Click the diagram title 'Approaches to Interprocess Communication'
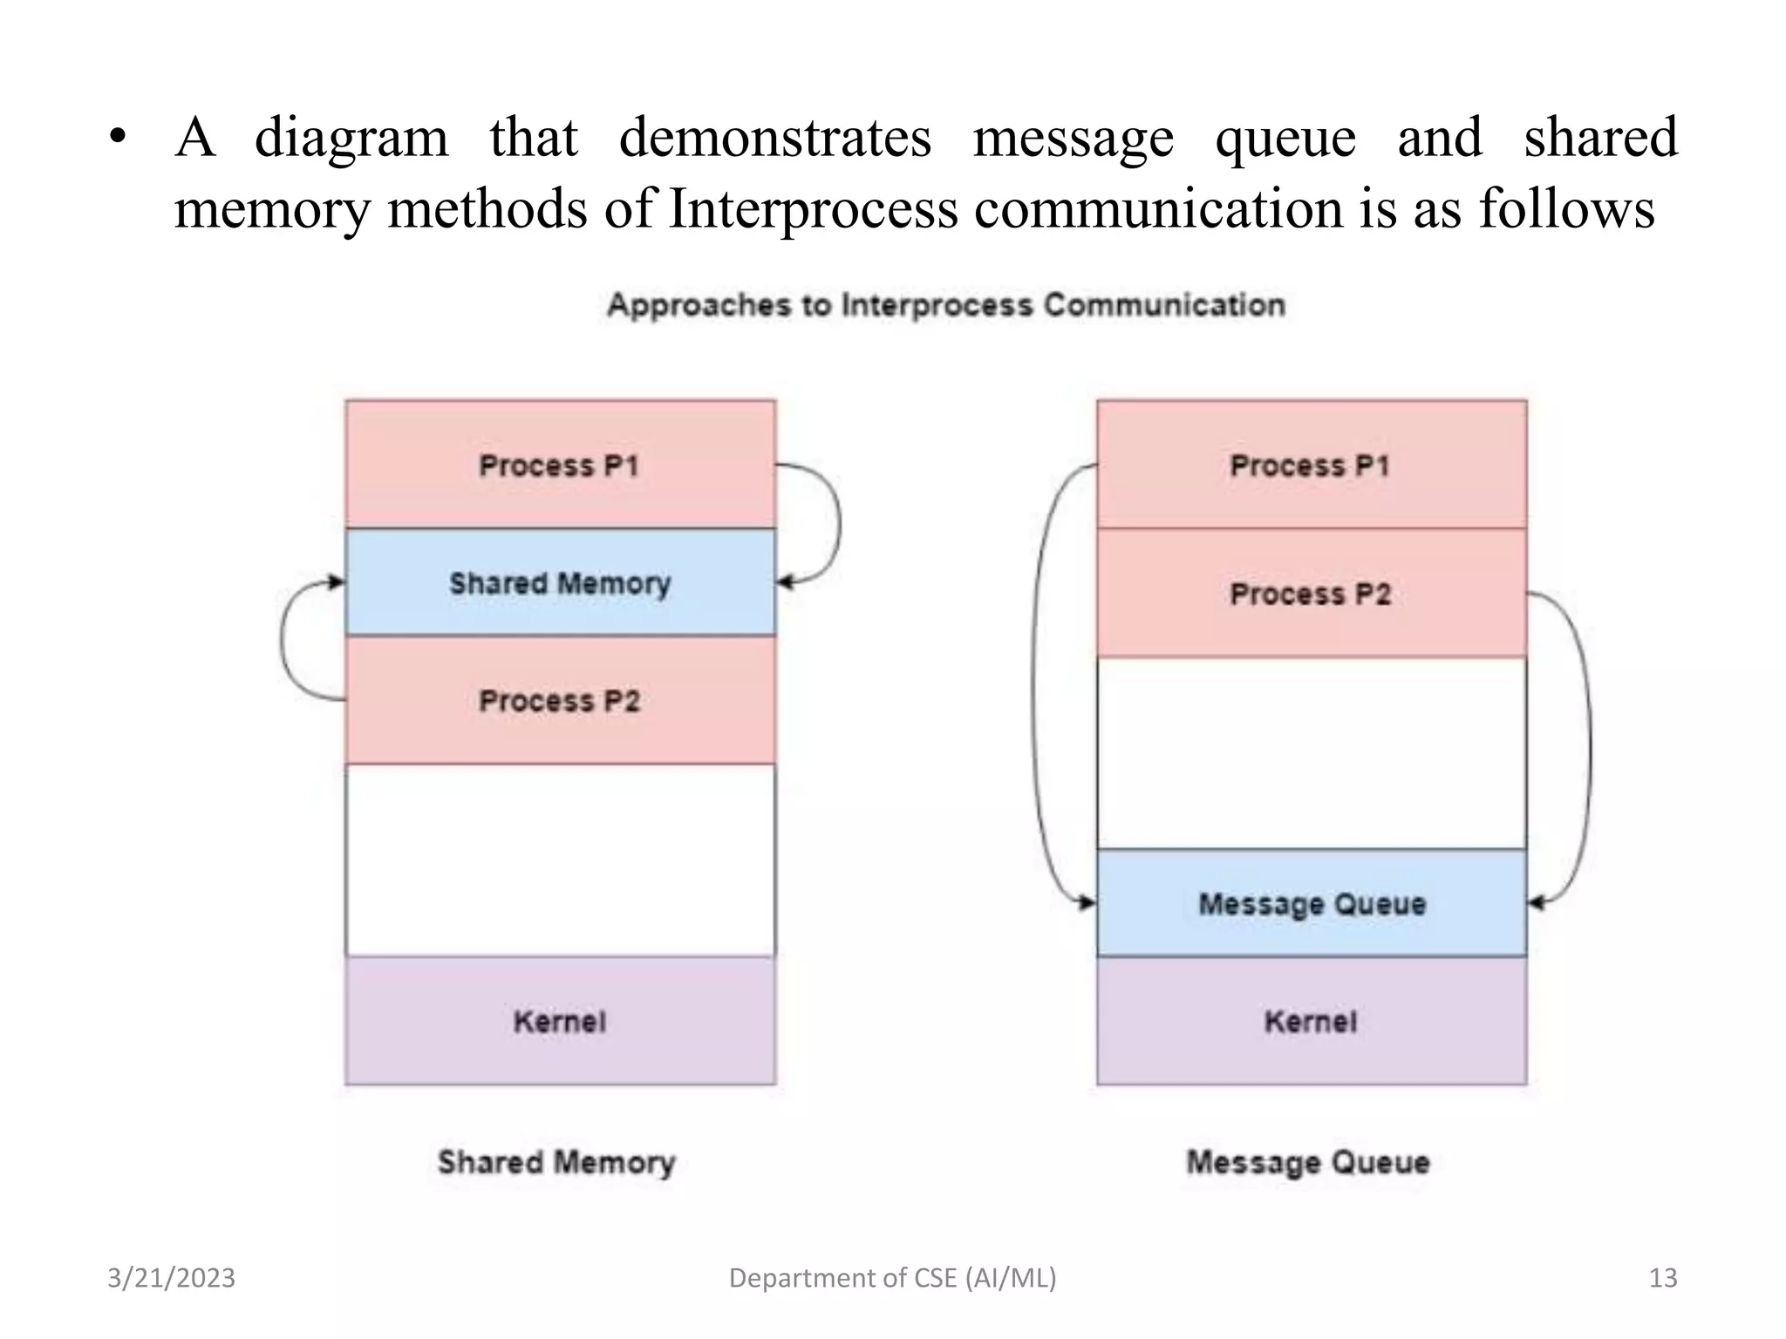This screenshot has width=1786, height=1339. point(946,305)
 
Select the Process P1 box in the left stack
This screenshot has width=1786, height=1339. point(560,465)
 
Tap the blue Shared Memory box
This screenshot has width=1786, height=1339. point(560,582)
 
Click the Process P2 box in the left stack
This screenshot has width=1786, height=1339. point(560,701)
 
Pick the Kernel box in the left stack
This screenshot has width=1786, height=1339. point(560,1021)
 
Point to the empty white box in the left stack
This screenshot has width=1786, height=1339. point(560,860)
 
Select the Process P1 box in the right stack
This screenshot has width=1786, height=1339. point(1311,465)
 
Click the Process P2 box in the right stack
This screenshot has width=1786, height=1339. point(1311,594)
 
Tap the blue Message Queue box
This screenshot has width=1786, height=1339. point(1311,904)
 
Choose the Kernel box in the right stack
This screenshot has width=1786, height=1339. point(1311,1021)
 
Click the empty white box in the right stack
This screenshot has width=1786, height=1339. point(1311,753)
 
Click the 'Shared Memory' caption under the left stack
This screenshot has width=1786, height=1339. point(556,1162)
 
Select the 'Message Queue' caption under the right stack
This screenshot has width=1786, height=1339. point(1308,1162)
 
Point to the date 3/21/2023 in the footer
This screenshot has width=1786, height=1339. point(171,1278)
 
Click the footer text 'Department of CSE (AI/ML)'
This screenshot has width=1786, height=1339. point(892,1278)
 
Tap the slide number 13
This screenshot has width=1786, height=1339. point(1662,1278)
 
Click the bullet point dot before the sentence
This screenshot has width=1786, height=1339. point(119,138)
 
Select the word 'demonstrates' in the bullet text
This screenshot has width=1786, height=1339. point(774,138)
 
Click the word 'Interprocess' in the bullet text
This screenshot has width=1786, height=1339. point(813,209)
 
